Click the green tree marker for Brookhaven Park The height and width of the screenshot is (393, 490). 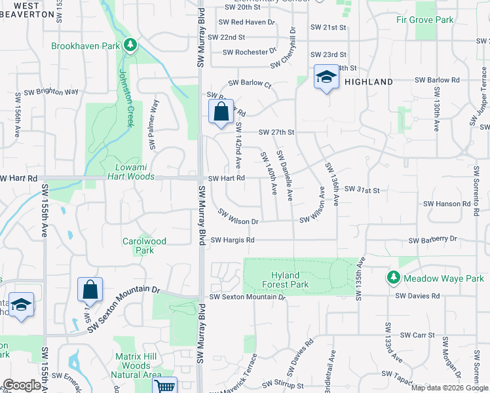coord(131,45)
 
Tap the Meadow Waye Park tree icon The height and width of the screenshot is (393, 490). coord(393,278)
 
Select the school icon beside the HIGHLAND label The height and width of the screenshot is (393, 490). coord(324,77)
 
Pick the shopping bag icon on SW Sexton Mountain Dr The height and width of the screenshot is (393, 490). coord(90,289)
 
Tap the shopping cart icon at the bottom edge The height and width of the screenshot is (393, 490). coord(164,386)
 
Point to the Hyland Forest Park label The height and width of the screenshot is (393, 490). coord(288,280)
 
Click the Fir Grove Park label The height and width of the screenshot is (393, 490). coord(424,20)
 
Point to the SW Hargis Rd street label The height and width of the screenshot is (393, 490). coord(233,240)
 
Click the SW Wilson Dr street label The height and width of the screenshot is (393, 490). coord(238,217)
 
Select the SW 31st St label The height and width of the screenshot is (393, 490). coord(362,190)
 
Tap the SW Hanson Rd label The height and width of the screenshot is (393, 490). coord(446,204)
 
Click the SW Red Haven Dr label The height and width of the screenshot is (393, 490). coord(248,22)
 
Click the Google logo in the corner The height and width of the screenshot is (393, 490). coord(21,385)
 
